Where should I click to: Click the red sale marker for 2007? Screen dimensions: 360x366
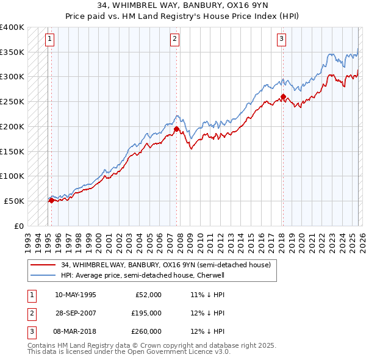tap(176, 129)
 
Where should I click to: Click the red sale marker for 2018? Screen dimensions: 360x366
tap(283, 96)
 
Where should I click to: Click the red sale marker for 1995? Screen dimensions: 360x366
tap(51, 200)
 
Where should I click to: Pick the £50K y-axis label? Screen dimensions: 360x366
tap(15, 201)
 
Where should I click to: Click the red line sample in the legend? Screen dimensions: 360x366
tap(43, 265)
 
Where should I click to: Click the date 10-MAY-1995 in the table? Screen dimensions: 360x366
tap(75, 294)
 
